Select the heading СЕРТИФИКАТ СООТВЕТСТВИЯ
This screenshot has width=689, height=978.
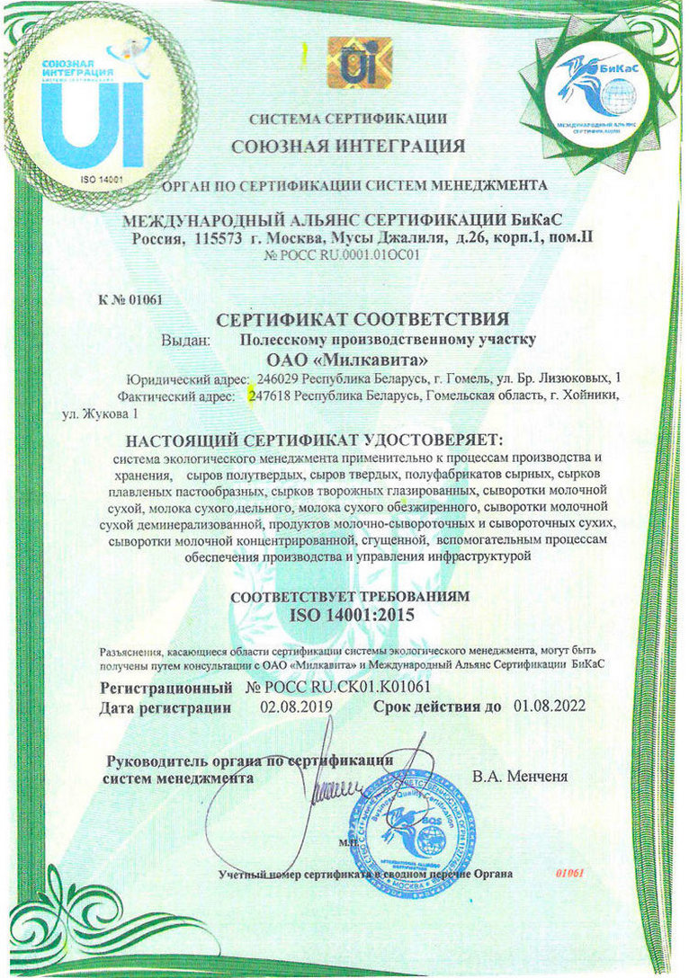[x=363, y=318]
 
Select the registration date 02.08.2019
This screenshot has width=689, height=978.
[x=296, y=707]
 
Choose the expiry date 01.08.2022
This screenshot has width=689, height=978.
[x=548, y=707]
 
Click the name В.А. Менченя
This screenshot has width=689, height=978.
[x=520, y=775]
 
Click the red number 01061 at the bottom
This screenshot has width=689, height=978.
[x=571, y=873]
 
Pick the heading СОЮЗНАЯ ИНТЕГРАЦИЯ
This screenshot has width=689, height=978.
[x=348, y=146]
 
